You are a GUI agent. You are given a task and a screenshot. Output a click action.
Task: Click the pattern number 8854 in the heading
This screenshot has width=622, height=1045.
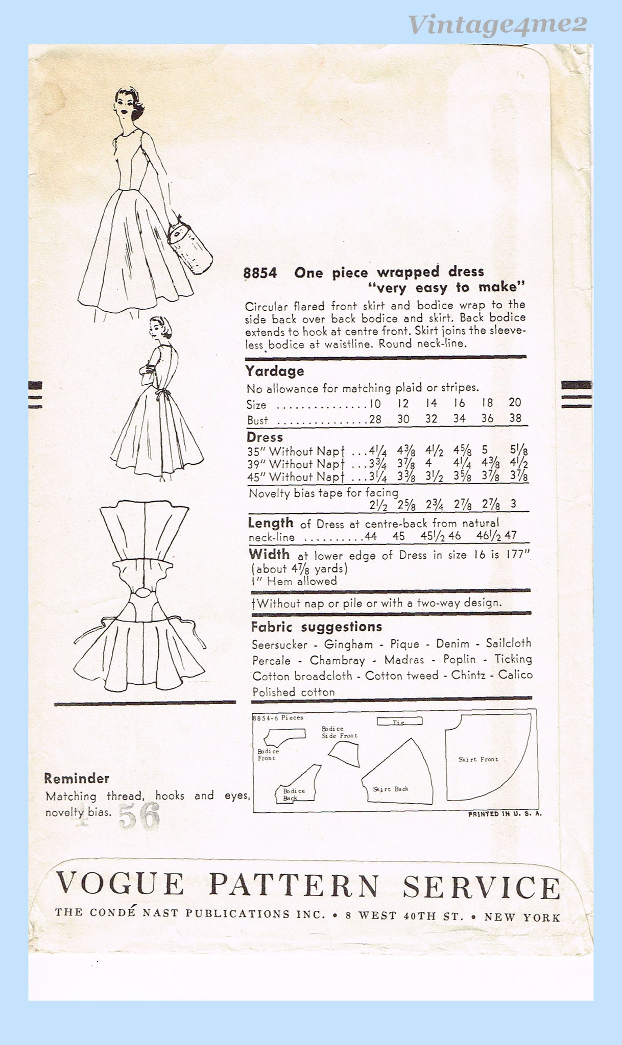click(260, 273)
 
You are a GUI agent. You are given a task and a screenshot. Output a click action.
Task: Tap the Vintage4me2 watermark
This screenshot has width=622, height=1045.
click(498, 23)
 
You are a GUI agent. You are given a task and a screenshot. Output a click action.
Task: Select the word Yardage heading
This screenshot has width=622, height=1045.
click(275, 371)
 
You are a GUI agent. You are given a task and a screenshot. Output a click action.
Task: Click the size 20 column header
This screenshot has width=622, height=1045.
click(515, 403)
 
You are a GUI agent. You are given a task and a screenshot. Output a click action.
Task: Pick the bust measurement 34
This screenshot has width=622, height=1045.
click(459, 419)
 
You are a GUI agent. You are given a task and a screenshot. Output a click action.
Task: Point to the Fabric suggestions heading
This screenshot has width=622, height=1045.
click(317, 627)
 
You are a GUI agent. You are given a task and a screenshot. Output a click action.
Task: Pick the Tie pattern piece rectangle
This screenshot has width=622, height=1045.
click(399, 721)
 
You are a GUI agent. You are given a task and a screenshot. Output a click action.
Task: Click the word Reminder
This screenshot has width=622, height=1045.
click(77, 779)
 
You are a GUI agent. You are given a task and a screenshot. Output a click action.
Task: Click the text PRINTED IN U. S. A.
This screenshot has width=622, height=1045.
click(505, 814)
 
